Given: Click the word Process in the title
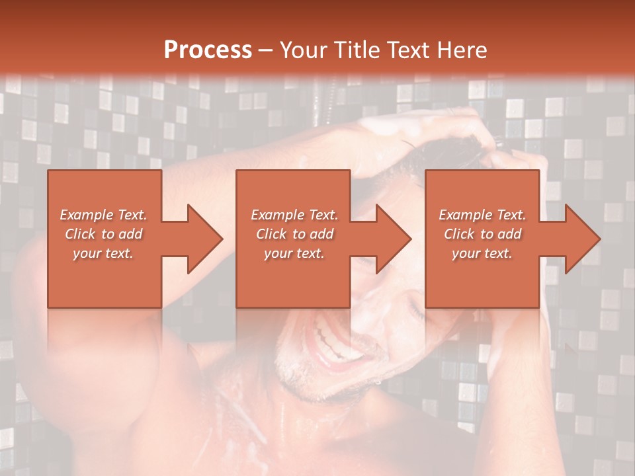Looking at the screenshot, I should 208,50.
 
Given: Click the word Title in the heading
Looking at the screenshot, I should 355,50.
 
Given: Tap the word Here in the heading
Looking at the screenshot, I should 460,50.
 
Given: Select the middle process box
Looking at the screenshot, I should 293,278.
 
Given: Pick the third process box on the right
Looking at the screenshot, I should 482,278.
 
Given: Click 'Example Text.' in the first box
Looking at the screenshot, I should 104,215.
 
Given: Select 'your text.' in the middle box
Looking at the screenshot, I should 294,253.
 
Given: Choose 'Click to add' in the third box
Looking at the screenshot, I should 482,234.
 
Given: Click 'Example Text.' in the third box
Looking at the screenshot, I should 482,215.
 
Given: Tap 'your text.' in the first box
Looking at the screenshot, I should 104,253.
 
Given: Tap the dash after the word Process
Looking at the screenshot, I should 266,50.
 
